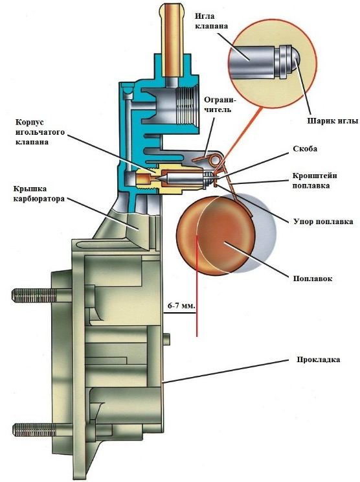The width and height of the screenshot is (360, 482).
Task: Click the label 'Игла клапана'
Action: pyautogui.click(x=211, y=21)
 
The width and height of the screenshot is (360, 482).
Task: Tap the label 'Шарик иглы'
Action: pyautogui.click(x=333, y=120)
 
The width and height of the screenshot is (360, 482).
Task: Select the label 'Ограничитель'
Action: pyautogui.click(x=218, y=104)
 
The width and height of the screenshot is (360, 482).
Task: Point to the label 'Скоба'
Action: pyautogui.click(x=305, y=149)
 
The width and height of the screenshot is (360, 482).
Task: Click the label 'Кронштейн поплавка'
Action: pyautogui.click(x=314, y=181)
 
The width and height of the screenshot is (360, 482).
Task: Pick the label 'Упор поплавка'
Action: pyautogui.click(x=323, y=222)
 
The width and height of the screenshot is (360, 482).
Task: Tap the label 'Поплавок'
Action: pyautogui.click(x=312, y=279)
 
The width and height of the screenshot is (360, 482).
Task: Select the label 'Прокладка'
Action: pyautogui.click(x=318, y=360)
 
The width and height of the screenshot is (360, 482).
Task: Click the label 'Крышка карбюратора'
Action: pyautogui.click(x=39, y=194)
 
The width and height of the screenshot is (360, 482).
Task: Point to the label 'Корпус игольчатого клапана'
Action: pyautogui.click(x=40, y=132)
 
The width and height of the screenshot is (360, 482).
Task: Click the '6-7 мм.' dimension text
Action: pyautogui.click(x=181, y=306)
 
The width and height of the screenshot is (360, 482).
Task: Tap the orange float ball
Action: pyautogui.click(x=216, y=235)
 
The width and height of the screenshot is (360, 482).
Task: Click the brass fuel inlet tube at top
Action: pyautogui.click(x=173, y=40)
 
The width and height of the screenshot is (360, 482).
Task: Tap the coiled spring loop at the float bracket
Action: pyautogui.click(x=214, y=159)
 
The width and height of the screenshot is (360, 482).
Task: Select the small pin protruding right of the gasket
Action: pyautogui.click(x=168, y=338)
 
